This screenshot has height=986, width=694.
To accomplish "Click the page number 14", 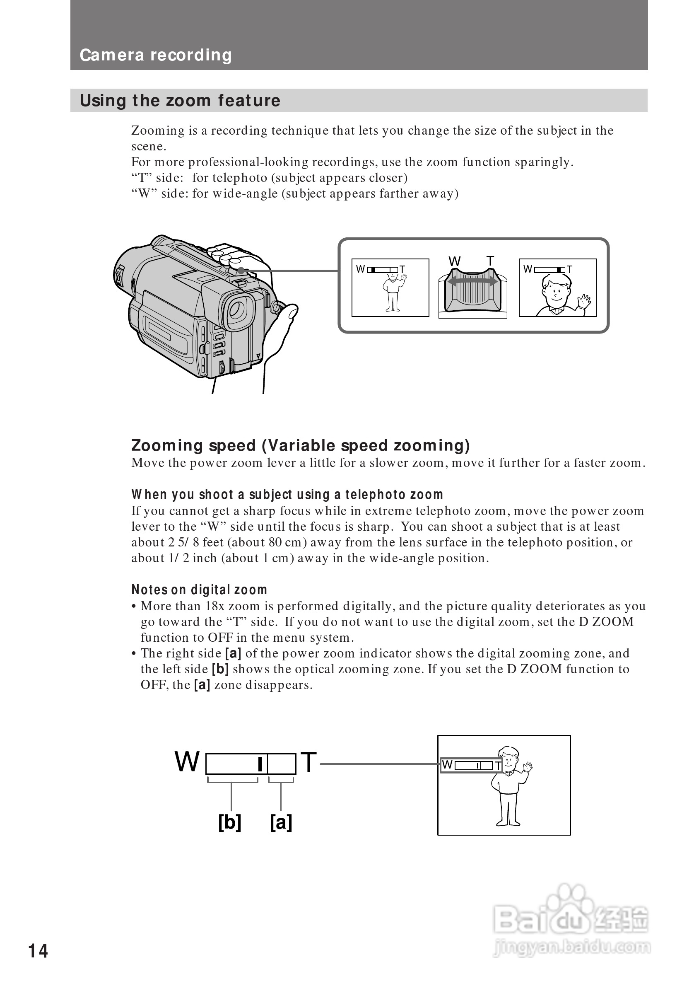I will [38, 951].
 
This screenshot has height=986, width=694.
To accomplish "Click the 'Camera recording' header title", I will [156, 55].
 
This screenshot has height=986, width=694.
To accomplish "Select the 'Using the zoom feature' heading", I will [180, 101].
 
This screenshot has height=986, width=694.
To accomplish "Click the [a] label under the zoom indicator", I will [281, 822].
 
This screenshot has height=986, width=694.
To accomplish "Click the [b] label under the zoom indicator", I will [230, 822].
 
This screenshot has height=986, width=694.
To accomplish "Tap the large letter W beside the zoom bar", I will [187, 762].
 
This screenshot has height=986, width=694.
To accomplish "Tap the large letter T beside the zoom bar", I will [308, 762].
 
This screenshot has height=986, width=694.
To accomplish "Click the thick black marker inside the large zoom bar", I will [260, 764].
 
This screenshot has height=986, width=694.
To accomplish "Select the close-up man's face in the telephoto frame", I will [556, 291].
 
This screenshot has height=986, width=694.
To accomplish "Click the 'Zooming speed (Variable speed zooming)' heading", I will [301, 445].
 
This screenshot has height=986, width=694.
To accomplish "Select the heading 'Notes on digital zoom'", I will [199, 590].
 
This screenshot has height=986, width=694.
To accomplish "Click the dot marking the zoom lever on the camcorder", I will [241, 271].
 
